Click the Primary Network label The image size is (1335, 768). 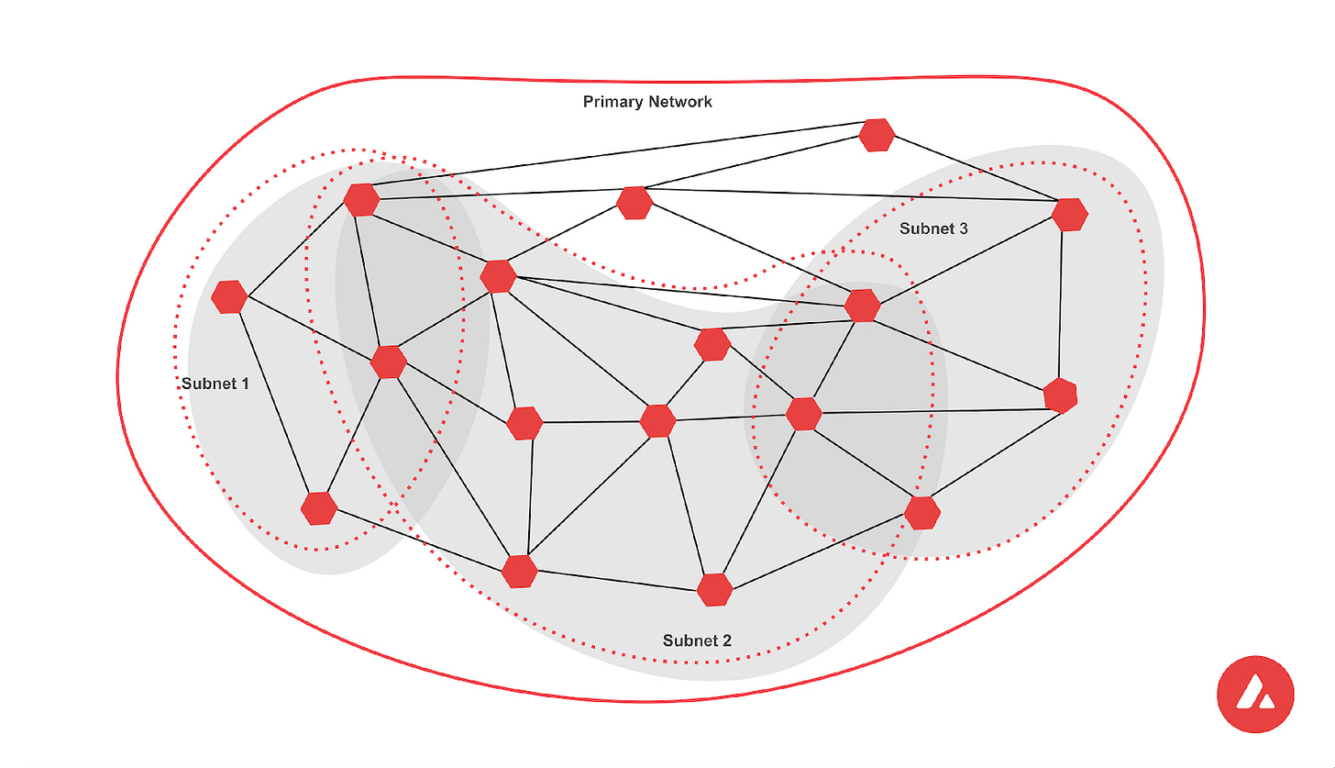[x=647, y=102]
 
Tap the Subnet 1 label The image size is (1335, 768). [x=215, y=384]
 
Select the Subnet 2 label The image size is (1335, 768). [x=697, y=640]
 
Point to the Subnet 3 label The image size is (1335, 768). [x=933, y=228]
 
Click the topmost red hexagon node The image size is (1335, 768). [x=877, y=135]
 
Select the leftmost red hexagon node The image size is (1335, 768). [x=228, y=296]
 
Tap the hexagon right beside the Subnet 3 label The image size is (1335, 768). [x=1069, y=214]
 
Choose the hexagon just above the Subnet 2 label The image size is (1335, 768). [x=714, y=589]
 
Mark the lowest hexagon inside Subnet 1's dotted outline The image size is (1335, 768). [x=318, y=507]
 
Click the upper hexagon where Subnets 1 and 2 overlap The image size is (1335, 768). [x=361, y=199]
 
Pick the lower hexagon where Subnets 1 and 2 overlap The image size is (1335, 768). [x=389, y=362]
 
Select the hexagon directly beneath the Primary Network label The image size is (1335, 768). [x=634, y=203]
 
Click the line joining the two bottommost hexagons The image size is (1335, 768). [x=617, y=580]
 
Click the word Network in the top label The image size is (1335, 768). [x=679, y=102]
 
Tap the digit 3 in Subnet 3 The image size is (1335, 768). [x=963, y=228]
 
